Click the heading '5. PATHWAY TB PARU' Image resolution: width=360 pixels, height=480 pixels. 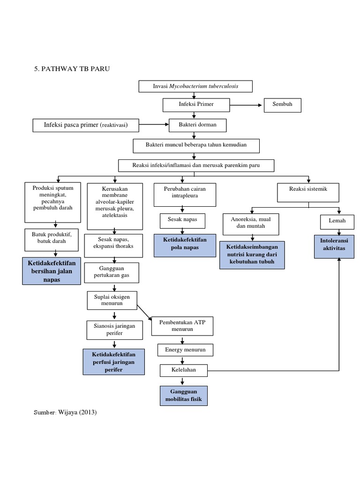point(72,68)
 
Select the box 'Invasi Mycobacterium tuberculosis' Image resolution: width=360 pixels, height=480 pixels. point(195,87)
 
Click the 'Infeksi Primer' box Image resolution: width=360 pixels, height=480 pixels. point(195,105)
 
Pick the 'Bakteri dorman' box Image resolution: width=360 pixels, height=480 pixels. point(195,125)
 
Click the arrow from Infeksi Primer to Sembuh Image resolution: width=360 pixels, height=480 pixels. point(244,105)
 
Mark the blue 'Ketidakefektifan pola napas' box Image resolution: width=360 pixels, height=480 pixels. point(185,245)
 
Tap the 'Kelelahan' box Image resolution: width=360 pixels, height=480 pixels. point(184,370)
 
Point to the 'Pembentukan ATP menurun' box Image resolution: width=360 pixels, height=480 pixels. point(182,326)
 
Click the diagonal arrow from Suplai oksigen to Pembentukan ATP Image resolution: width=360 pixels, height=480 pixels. point(144,312)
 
